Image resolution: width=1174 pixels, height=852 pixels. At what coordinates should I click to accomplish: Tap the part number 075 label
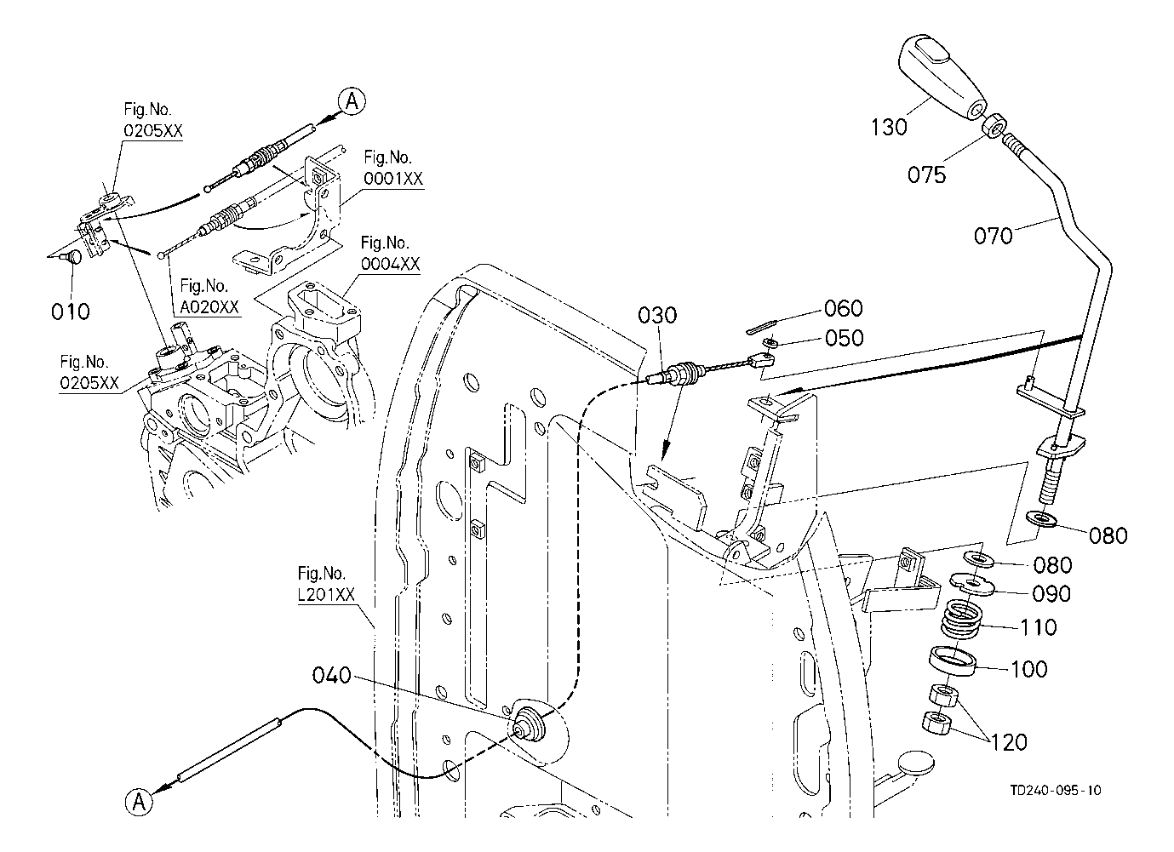point(926,174)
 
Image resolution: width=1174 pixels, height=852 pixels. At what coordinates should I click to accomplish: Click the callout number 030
point(658,315)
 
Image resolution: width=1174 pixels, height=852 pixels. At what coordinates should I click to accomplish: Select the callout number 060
point(844,308)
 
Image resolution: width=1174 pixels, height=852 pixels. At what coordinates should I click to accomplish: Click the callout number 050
point(844,338)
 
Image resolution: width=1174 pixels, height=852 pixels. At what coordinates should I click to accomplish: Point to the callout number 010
point(70,311)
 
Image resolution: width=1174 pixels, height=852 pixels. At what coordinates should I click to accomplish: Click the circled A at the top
point(352,101)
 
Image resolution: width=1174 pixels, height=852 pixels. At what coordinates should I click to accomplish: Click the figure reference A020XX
point(204,296)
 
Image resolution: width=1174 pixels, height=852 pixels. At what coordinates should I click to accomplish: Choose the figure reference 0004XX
point(390,254)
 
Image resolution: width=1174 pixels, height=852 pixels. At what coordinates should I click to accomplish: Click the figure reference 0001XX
point(392,169)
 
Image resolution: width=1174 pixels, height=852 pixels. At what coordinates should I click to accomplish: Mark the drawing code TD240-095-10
point(1056,790)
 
